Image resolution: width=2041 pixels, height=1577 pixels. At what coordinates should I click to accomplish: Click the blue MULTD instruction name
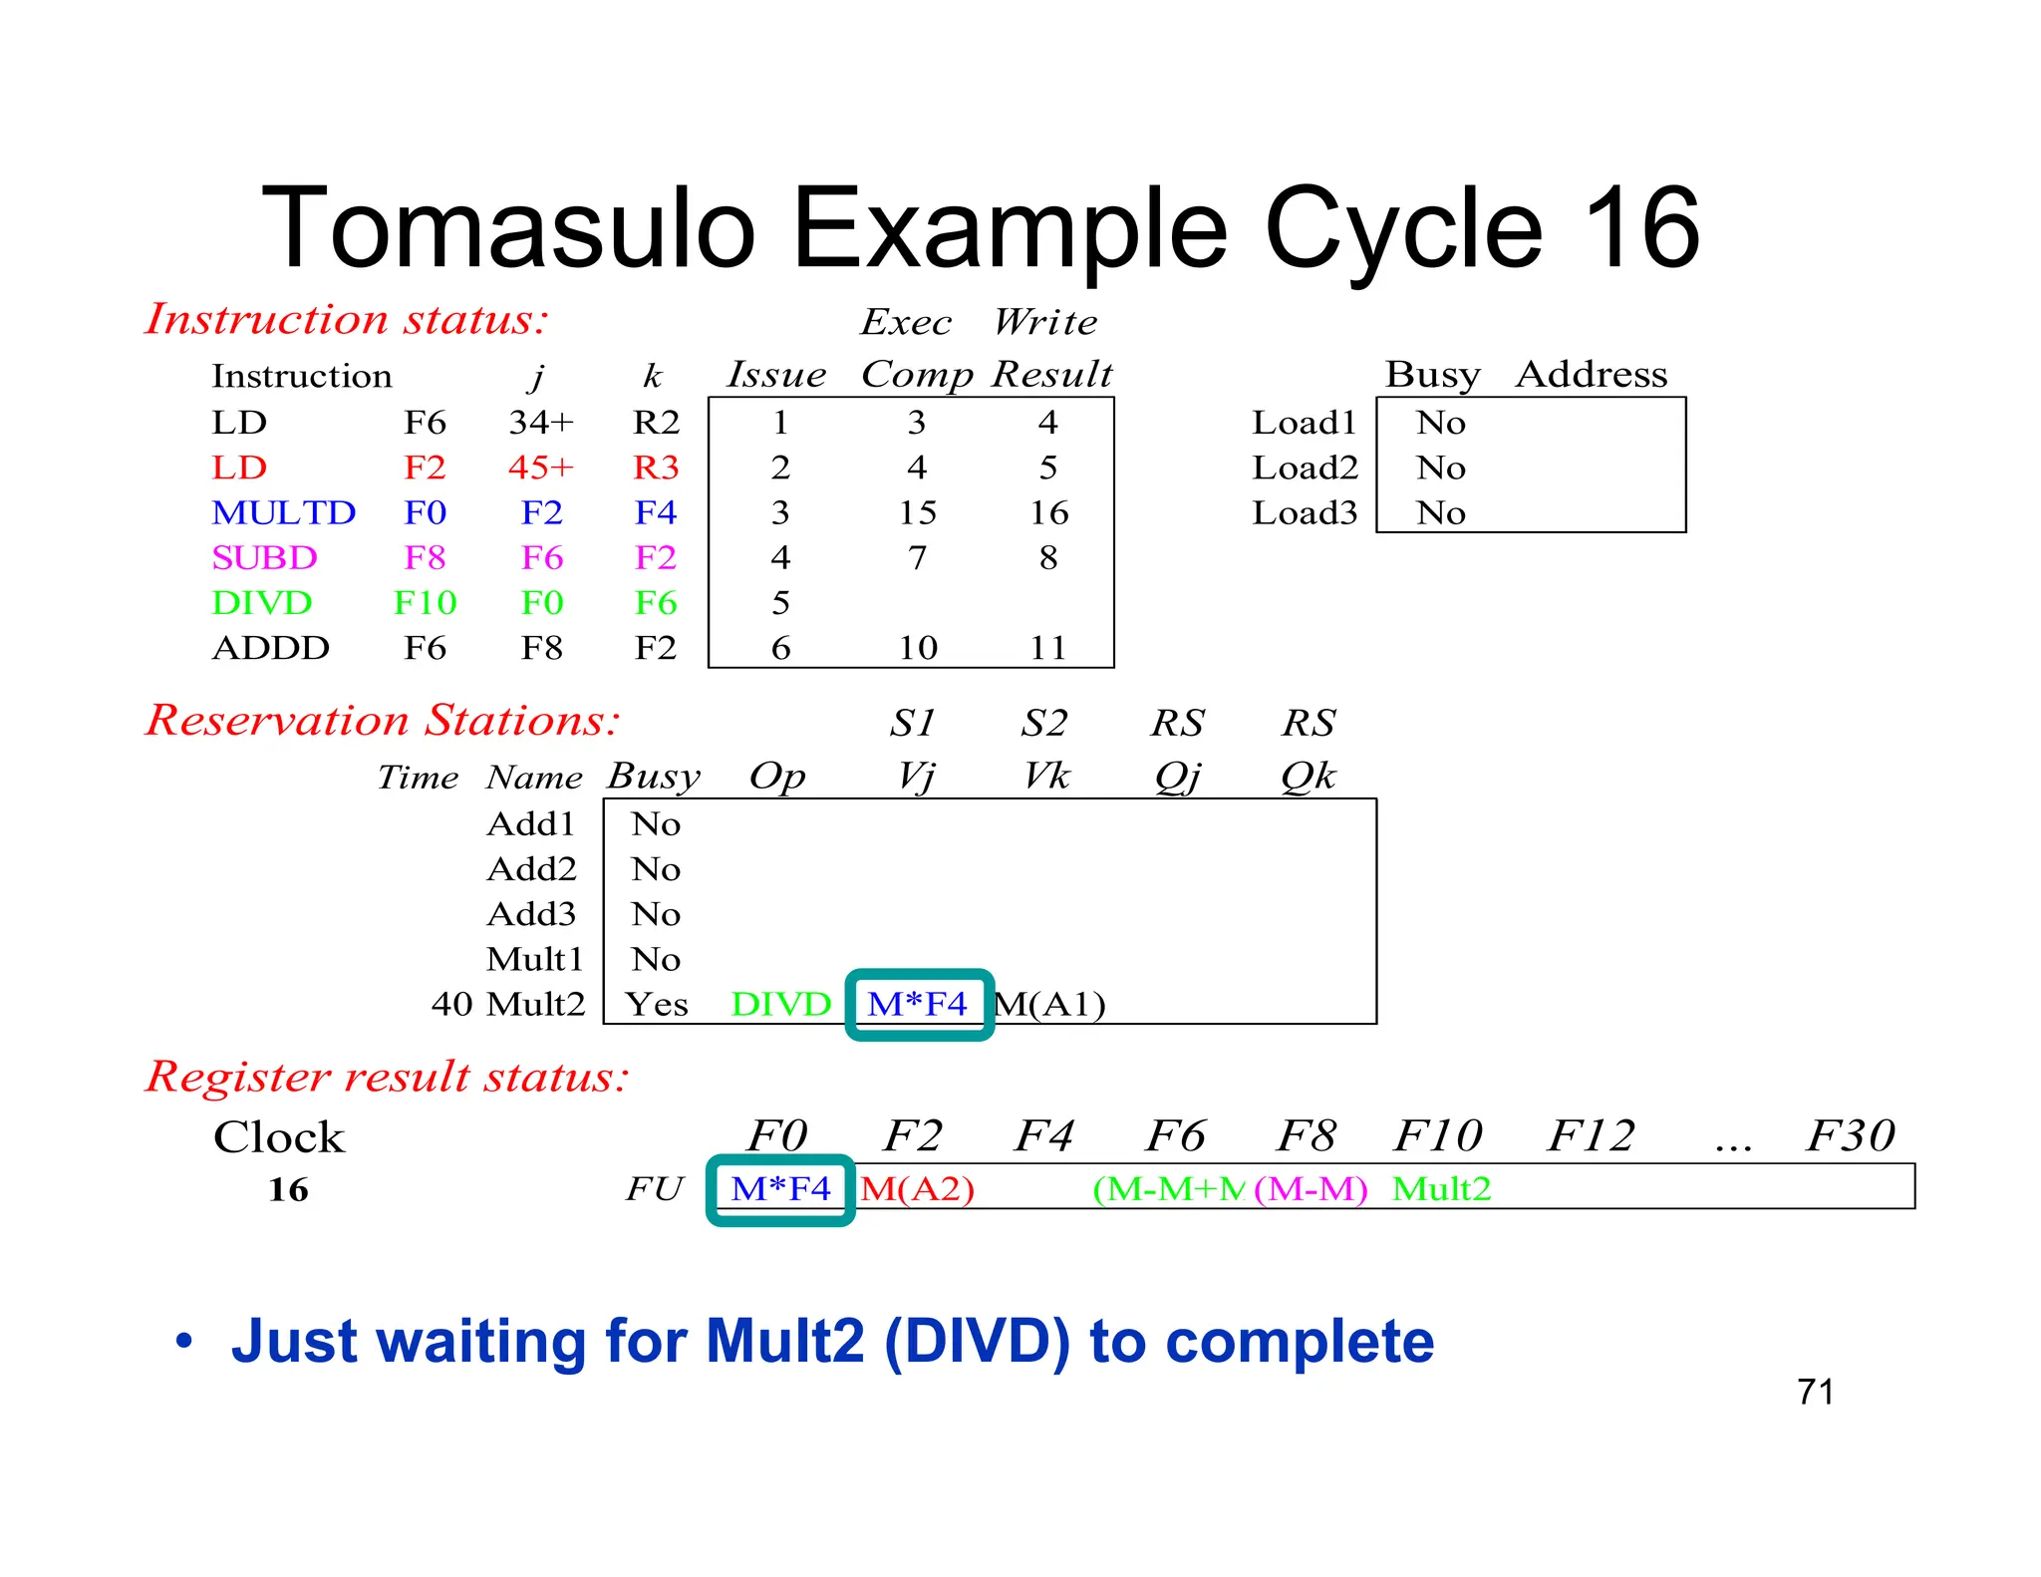pos(283,512)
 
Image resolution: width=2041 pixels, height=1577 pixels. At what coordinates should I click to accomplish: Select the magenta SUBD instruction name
pos(264,557)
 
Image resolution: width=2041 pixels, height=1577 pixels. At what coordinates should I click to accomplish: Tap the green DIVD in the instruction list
pos(261,603)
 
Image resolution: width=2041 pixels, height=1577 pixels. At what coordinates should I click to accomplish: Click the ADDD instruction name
pos(270,648)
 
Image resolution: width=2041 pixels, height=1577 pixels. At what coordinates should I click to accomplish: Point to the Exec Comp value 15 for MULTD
pos(917,512)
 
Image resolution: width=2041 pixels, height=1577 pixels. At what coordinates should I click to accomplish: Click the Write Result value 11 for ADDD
pos(1047,648)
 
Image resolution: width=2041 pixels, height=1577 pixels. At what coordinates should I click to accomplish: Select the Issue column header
pos(776,375)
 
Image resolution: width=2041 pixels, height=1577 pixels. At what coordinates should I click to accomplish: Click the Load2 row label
pos(1305,468)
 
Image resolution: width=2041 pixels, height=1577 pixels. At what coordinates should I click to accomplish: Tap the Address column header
pos(1591,375)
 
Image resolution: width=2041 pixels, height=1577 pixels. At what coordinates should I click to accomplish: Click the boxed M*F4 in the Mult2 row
pos(918,1004)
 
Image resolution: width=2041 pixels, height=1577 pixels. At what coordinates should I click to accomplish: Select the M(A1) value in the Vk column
pos(1050,1004)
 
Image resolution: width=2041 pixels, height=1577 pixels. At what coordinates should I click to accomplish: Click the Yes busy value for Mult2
pos(657,1004)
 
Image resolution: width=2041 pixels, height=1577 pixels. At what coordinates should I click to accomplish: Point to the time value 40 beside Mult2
pos(451,1004)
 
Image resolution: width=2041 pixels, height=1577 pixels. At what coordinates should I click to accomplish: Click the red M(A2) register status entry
pos(917,1188)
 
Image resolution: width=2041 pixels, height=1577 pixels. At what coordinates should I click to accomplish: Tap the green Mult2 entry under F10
pos(1441,1188)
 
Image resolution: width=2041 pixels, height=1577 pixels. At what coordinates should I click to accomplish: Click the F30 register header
pos(1851,1135)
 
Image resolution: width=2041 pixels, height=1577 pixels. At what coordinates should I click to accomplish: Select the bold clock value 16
pos(288,1189)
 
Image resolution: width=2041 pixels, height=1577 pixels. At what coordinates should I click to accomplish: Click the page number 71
pos(1815,1392)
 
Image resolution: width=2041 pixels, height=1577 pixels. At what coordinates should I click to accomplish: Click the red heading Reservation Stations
pos(383,720)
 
